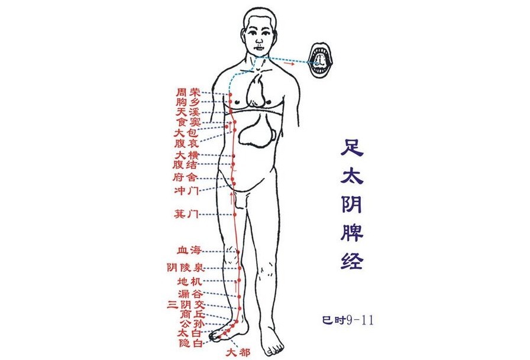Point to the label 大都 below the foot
(238, 353)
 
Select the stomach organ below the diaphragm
(258, 130)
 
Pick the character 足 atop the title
(353, 148)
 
